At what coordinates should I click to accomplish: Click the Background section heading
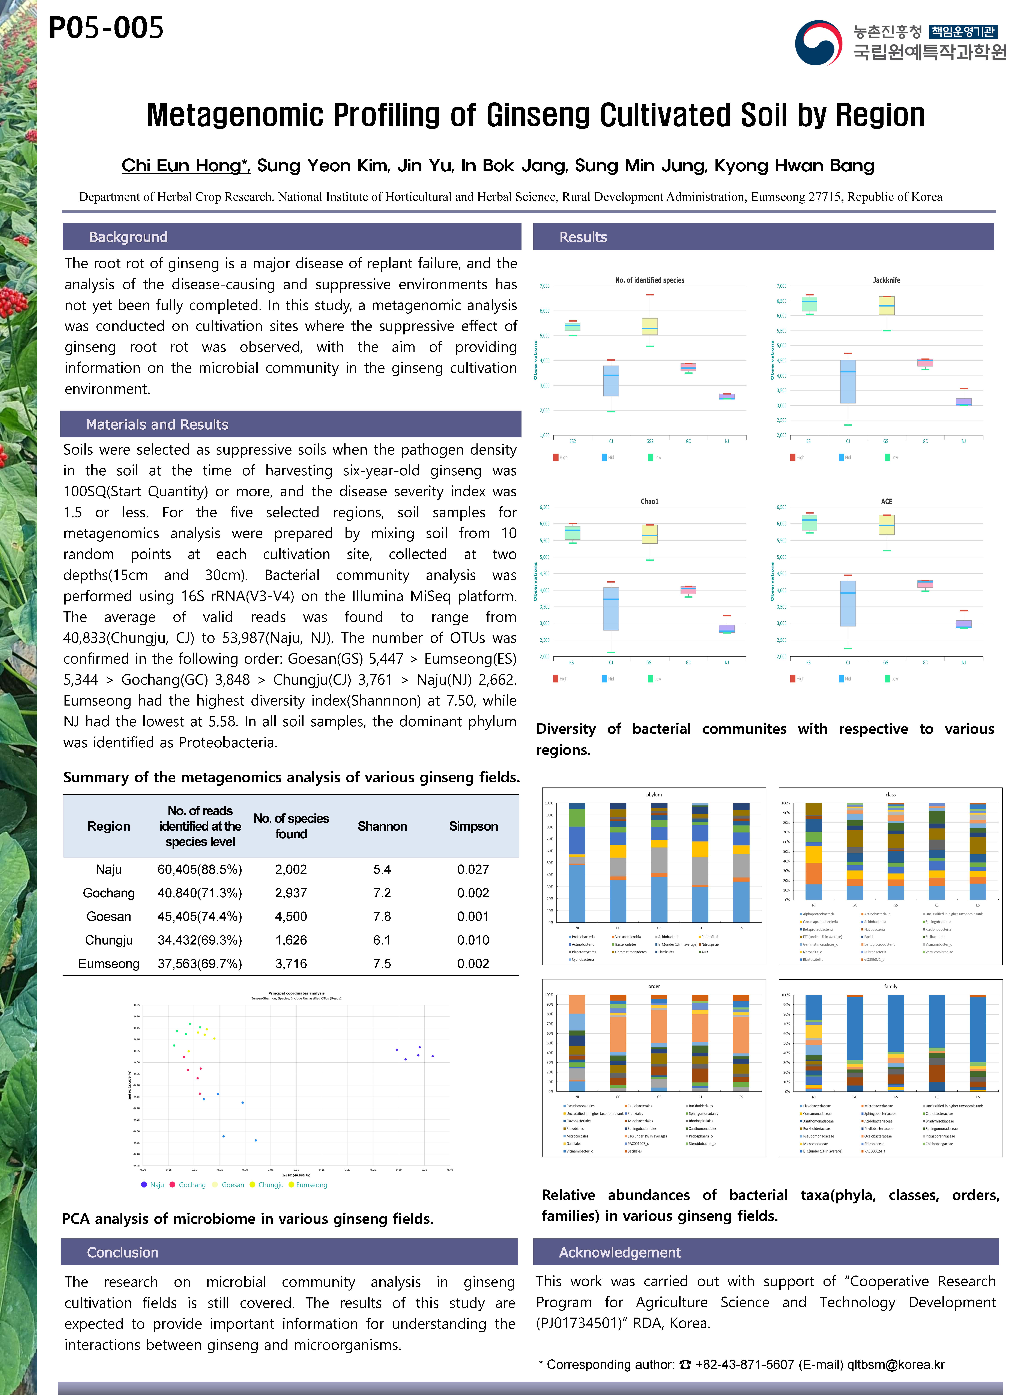[x=128, y=237]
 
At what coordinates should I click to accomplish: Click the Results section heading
[x=583, y=237]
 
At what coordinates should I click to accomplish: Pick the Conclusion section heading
[x=123, y=1252]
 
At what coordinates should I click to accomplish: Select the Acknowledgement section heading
[x=620, y=1252]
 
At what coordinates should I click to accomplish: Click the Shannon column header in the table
[x=382, y=826]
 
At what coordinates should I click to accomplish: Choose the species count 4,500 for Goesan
[x=291, y=916]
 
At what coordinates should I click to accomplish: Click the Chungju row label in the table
[x=109, y=940]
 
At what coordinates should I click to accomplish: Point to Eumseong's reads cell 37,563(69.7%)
[x=200, y=964]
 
